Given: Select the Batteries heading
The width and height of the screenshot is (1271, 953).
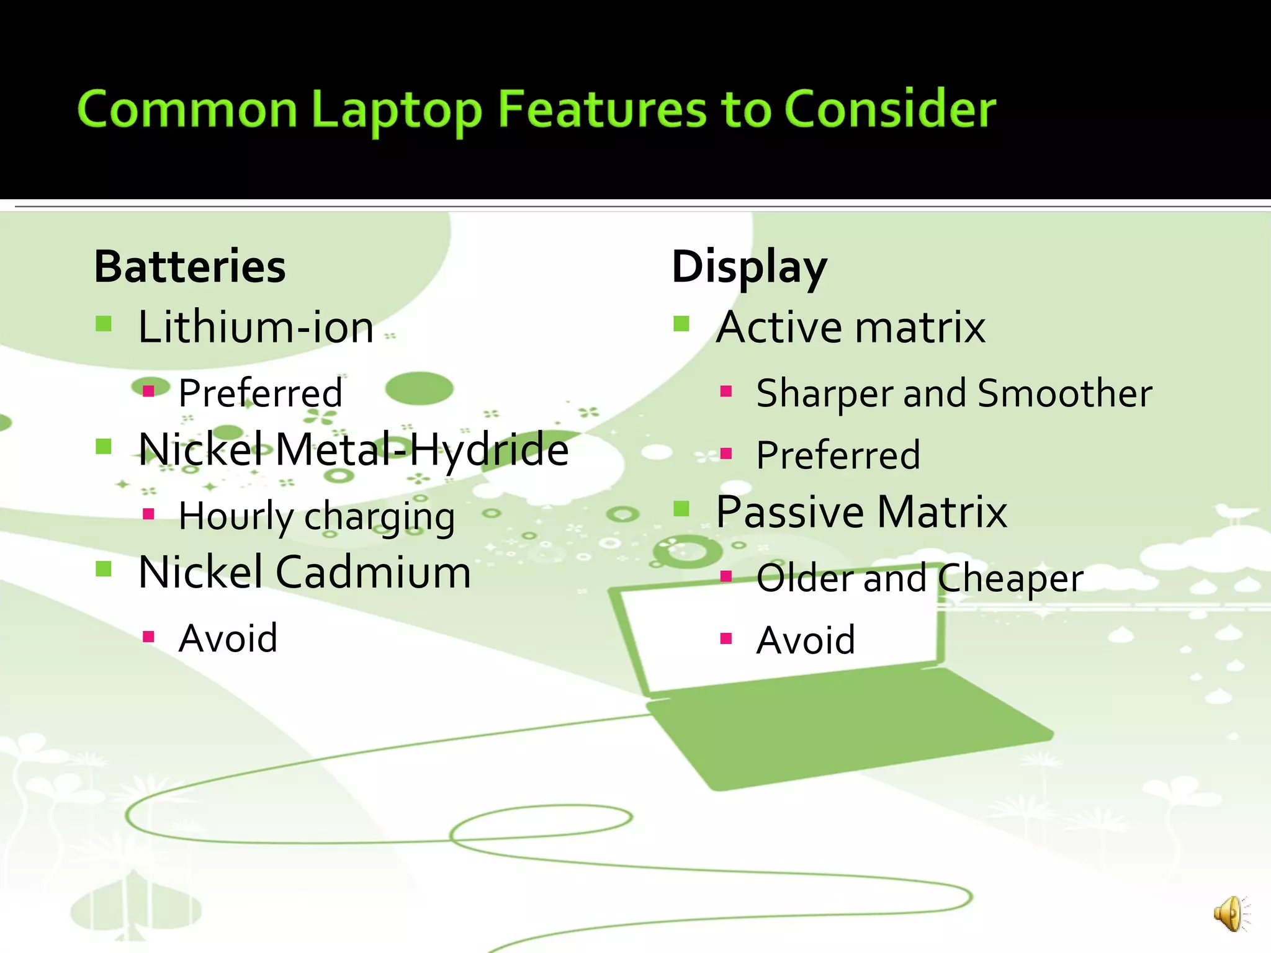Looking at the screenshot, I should click(x=190, y=267).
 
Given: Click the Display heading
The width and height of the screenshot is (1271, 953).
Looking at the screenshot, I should click(x=749, y=267).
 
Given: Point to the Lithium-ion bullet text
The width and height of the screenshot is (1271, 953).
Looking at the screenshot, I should click(x=256, y=327).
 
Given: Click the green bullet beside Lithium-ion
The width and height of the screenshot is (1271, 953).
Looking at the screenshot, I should click(x=104, y=323).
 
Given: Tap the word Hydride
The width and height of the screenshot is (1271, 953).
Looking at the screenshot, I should click(x=488, y=449).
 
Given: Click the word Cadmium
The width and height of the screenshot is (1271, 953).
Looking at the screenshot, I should click(x=373, y=572).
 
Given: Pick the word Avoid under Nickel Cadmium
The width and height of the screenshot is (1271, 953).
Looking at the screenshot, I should click(x=228, y=638).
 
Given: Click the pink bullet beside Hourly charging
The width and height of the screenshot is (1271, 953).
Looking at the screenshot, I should click(x=148, y=514).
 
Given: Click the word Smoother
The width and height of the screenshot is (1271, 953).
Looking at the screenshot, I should click(x=1064, y=393).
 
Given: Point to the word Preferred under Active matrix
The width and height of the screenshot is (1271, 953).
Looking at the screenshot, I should click(x=838, y=455).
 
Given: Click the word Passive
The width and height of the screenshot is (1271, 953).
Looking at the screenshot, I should click(x=790, y=512).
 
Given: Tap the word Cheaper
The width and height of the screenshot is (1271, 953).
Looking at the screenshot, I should click(x=1010, y=579).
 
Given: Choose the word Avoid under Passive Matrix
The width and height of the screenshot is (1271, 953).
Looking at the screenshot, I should click(x=806, y=640).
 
